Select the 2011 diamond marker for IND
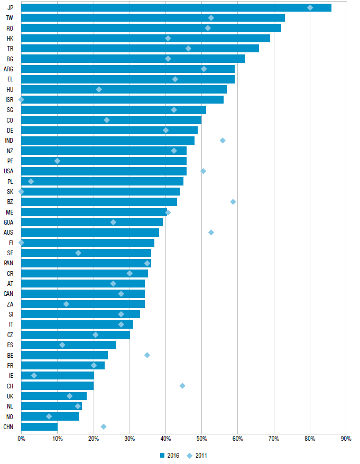223,141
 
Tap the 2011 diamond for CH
182,386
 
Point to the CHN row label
8,426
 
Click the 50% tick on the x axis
201,439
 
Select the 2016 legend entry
169,455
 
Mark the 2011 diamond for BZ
233,202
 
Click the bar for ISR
122,99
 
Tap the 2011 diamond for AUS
211,233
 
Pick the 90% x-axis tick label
346,439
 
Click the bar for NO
50,416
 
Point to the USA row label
9,171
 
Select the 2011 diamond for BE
147,355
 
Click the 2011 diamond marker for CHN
104,426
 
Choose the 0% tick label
21,439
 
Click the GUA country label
9,222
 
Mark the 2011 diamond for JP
310,7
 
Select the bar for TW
153,18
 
